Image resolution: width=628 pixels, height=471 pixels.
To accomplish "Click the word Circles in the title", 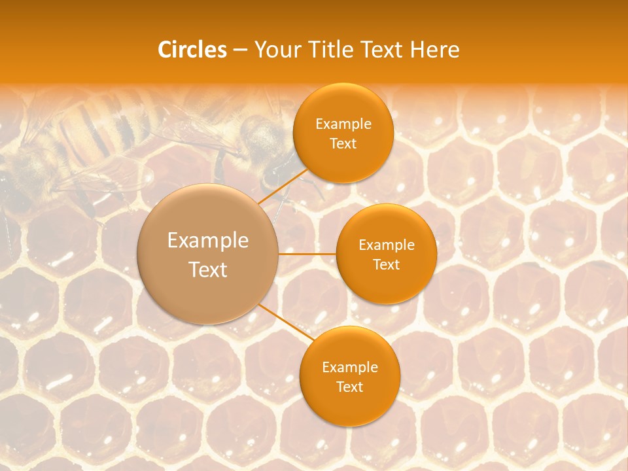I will pos(192,50).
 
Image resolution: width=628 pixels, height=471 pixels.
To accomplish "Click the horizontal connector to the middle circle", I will pos(307,253).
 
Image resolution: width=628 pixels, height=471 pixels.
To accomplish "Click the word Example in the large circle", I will pos(208,241).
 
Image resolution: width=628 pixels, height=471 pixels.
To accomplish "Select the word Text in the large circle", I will pos(208,270).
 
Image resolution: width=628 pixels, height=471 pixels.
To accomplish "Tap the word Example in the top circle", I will pos(343,124).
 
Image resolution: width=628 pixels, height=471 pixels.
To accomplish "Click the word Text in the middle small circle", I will pos(386,265).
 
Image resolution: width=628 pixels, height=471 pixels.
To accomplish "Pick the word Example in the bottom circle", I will pos(349,368).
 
